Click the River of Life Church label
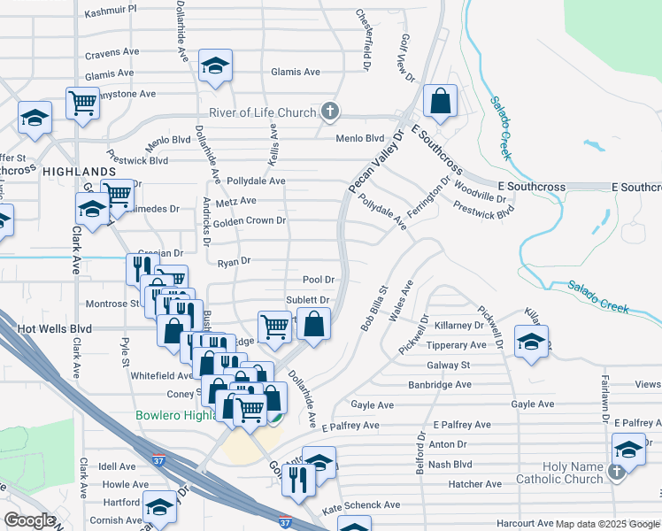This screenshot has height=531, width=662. click(262, 112)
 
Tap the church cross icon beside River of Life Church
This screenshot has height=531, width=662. click(330, 112)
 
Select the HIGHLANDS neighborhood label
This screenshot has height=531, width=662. click(78, 171)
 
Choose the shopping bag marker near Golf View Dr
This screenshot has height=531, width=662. click(439, 102)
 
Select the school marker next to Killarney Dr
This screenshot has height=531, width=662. click(530, 342)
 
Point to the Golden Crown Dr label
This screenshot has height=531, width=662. click(250, 220)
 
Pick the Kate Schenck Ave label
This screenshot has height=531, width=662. click(361, 504)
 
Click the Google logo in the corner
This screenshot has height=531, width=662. click(29, 520)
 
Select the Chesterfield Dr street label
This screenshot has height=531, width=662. click(362, 40)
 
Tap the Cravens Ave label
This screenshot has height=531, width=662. click(112, 53)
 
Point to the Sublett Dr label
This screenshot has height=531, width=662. click(307, 300)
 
